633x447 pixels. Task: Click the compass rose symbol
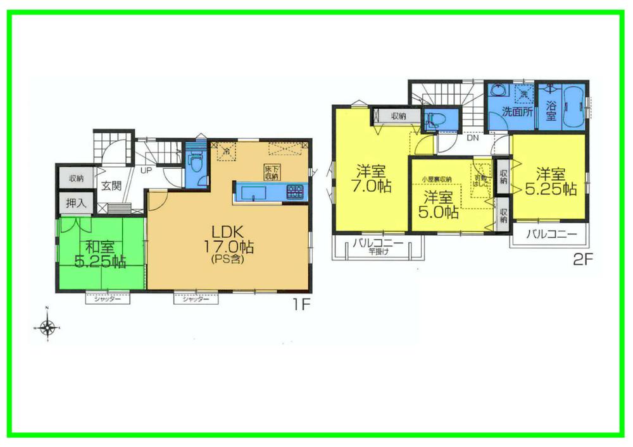[47, 328]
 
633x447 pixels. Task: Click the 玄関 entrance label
[111, 186]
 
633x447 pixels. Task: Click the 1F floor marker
[300, 305]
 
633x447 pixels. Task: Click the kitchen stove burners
[294, 191]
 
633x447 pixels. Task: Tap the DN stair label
[472, 137]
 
